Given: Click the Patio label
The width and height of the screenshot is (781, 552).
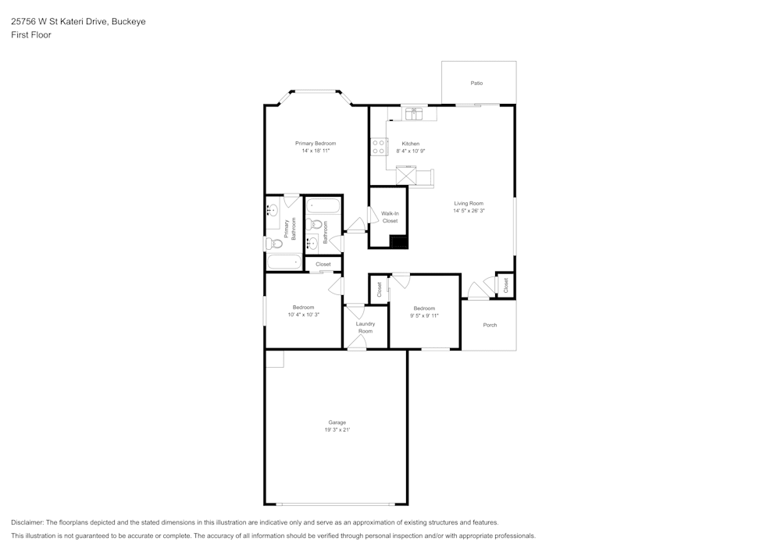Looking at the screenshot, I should click(476, 83).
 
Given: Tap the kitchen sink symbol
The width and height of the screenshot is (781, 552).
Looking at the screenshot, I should click(413, 114).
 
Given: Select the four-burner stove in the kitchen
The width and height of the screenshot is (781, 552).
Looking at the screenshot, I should click(379, 146).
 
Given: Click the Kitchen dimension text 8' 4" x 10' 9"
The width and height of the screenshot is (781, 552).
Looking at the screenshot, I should click(410, 151).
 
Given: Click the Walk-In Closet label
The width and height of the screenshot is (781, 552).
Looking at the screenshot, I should click(390, 217).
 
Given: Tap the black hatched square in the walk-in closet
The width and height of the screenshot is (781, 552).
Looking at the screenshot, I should click(398, 240).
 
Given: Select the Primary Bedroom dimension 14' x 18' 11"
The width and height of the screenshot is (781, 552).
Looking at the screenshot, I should click(316, 151).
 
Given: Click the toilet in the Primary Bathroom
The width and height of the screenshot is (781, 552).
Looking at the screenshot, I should click(274, 244).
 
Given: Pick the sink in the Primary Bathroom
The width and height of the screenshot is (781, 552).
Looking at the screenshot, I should click(273, 211).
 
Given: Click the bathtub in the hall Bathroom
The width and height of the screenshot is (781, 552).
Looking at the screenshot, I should click(323, 206).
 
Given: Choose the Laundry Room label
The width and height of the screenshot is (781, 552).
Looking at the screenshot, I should click(366, 327).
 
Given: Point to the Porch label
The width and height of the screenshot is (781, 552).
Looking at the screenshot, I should click(490, 325).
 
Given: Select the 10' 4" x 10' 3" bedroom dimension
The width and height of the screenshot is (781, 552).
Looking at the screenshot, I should click(303, 315).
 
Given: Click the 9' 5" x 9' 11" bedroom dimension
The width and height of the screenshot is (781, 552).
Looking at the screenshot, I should click(424, 315).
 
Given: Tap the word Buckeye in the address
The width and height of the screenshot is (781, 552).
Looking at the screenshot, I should click(129, 22).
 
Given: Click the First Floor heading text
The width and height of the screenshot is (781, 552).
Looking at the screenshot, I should click(31, 35).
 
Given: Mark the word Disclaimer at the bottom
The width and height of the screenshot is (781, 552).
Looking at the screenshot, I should click(27, 522).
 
